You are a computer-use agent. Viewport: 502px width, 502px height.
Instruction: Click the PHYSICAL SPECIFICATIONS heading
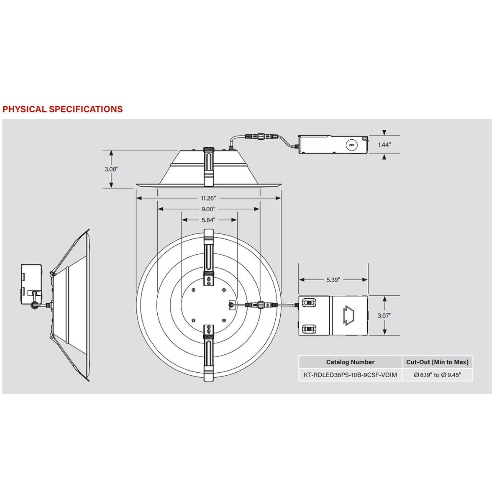(63, 109)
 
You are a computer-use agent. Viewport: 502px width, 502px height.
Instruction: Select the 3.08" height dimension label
(111, 169)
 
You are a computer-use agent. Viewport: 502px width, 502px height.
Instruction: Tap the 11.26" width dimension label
(208, 198)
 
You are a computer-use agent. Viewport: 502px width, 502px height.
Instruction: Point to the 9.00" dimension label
(208, 209)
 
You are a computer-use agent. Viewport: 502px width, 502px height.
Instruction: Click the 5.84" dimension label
(208, 220)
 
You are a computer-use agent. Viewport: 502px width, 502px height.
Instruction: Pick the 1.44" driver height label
(384, 145)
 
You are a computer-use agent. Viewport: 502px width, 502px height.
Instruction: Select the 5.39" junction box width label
(333, 280)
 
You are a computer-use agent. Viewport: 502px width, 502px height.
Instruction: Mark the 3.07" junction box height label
(384, 315)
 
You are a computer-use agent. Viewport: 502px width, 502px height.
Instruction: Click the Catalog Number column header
(350, 362)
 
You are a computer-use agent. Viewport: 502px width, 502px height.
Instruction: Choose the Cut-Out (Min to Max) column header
(437, 362)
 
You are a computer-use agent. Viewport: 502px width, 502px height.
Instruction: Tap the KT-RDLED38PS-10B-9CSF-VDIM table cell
(350, 375)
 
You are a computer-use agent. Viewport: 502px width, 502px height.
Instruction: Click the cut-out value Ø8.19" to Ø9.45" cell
(437, 375)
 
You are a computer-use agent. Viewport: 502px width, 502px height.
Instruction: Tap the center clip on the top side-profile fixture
(208, 166)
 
